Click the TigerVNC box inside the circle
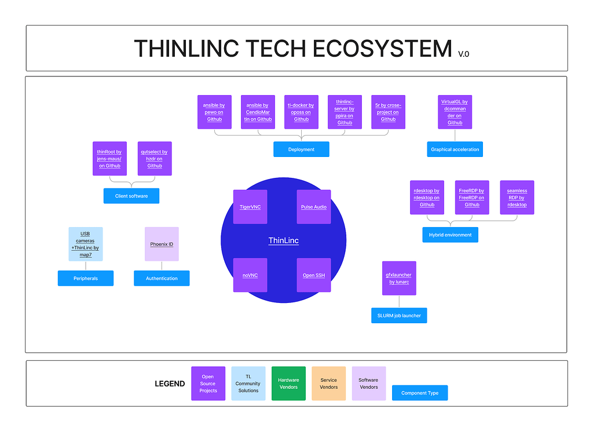pos(250,207)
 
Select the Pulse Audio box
pos(314,207)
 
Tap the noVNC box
pos(250,275)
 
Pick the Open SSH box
pos(314,275)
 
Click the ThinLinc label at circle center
pos(283,240)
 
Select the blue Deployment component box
pos(301,149)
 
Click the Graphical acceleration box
pos(455,149)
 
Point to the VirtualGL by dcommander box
pos(455,112)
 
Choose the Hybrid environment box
pos(450,235)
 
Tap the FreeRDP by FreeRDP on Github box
pos(472,198)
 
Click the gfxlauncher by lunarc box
pos(399,278)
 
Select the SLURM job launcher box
pos(399,316)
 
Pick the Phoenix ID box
pos(162,244)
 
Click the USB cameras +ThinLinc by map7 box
pos(86,244)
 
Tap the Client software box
pos(131,196)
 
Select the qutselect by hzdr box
pos(155,158)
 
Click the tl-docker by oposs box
pos(301,112)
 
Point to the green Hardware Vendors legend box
pos(288,383)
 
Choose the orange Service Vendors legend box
pos(328,383)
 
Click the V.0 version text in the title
pos(463,54)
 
